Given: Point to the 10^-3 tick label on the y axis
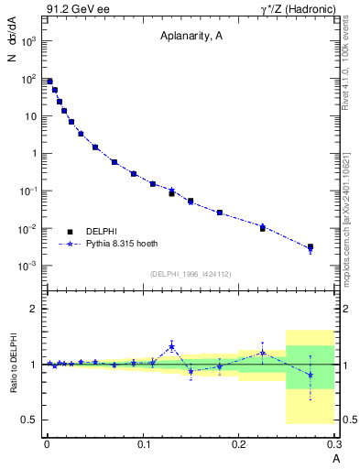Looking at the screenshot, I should coord(29,266).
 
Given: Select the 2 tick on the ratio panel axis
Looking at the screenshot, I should coord(35,309).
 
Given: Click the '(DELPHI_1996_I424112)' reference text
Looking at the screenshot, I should coord(191,273).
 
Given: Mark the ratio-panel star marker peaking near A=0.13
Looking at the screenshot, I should coord(171,345).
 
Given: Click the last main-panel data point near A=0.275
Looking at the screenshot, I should coord(311,247).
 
